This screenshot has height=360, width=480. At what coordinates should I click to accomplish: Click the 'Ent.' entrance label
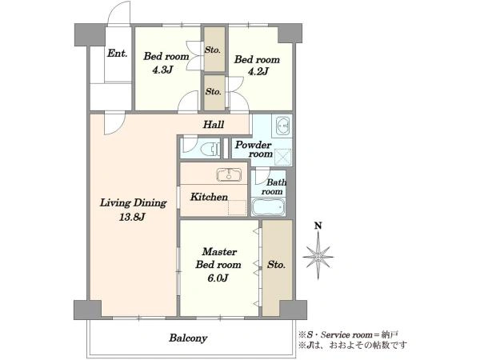tap(118, 54)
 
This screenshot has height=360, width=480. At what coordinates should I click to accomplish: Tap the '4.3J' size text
tap(163, 70)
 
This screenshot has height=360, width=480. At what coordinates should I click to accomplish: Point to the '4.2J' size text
tap(258, 72)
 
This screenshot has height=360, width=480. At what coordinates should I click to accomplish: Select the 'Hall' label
tap(214, 125)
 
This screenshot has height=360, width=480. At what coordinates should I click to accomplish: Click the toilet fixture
tap(211, 149)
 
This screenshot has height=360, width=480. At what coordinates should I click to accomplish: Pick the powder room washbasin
tap(283, 126)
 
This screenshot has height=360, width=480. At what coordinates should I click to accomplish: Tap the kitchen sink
tap(229, 174)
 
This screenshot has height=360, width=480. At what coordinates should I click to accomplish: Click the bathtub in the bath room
tap(269, 207)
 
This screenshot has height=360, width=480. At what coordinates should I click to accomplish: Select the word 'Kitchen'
tap(209, 197)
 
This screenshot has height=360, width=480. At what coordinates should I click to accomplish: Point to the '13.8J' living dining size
tap(133, 218)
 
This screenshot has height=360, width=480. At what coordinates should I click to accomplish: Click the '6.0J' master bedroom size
tap(218, 278)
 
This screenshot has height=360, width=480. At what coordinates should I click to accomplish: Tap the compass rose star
tap(318, 256)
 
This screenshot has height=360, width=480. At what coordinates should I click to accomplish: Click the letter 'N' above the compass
tap(318, 226)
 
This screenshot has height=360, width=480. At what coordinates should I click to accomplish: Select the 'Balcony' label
tap(188, 338)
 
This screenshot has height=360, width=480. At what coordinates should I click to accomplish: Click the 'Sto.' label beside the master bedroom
tap(276, 265)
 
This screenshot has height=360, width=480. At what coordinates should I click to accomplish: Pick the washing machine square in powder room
tap(282, 157)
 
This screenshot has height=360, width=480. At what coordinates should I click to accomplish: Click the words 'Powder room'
tap(254, 149)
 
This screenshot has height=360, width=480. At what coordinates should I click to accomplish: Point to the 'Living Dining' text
tap(133, 203)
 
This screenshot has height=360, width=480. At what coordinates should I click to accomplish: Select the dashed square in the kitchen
tap(238, 207)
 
